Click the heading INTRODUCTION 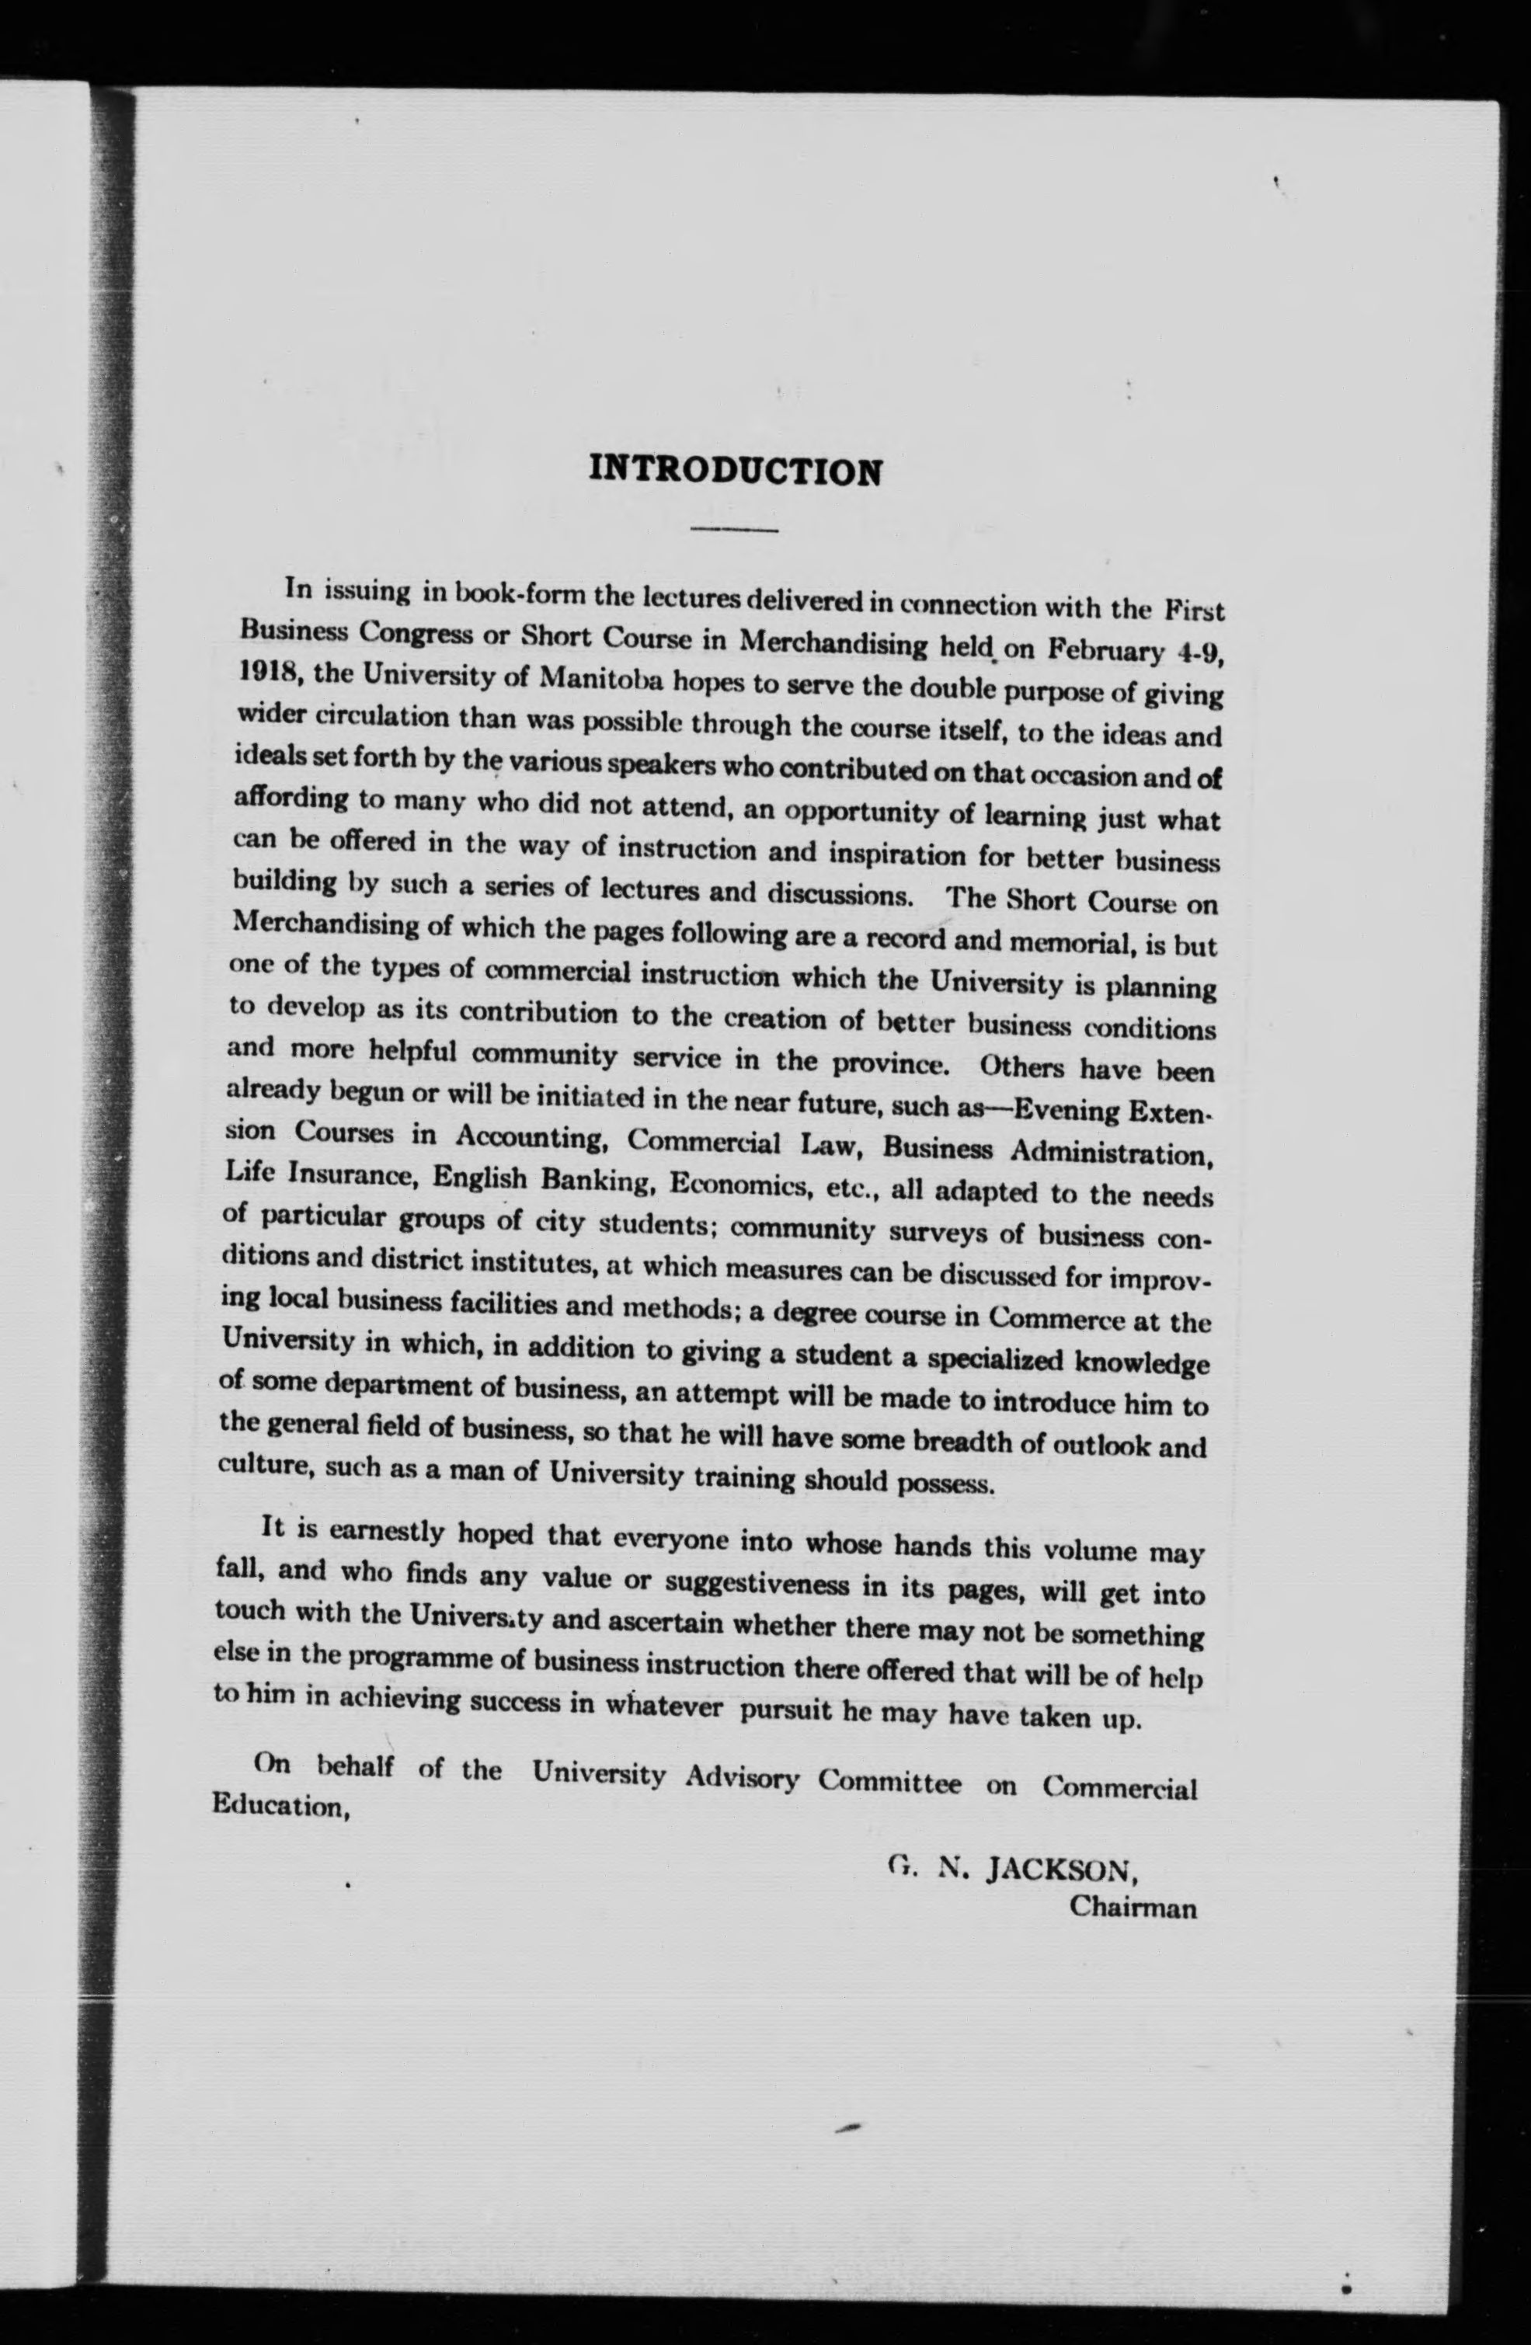[735, 470]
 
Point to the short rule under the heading [735, 530]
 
